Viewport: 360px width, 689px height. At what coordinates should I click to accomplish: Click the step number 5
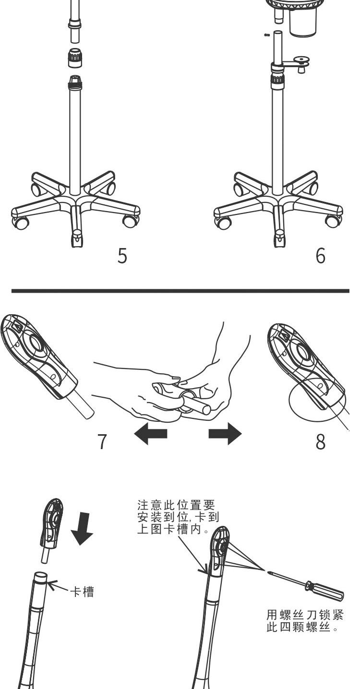(x=122, y=256)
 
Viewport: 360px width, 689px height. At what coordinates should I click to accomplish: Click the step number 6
(x=320, y=256)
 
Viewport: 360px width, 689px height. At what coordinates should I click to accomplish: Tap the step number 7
(x=102, y=441)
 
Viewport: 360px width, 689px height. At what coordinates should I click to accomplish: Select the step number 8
(x=320, y=441)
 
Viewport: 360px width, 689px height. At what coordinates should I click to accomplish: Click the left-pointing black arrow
(x=151, y=434)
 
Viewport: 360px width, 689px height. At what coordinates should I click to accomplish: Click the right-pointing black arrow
(x=225, y=434)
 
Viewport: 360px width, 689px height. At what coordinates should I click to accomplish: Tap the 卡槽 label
(x=82, y=592)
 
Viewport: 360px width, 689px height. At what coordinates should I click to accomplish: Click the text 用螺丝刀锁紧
(x=305, y=615)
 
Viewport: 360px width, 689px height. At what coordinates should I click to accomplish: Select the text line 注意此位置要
(x=176, y=505)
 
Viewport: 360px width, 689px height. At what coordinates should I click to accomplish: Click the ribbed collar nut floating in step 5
(x=75, y=58)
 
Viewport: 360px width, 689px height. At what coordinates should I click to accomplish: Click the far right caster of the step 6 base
(x=334, y=220)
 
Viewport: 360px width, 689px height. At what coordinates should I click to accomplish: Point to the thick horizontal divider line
(x=180, y=290)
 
